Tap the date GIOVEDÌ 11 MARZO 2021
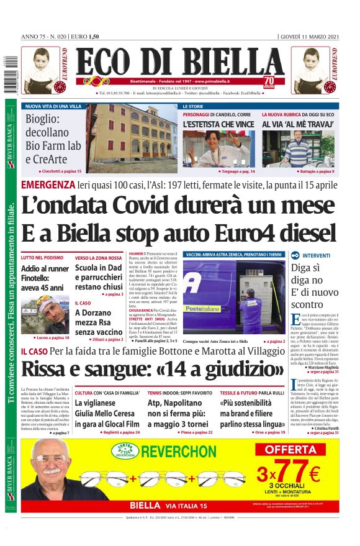pyautogui.click(x=310, y=36)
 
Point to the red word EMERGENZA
pyautogui.click(x=48, y=185)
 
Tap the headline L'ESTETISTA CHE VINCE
pyautogui.click(x=218, y=124)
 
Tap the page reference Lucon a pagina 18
pyautogui.click(x=53, y=338)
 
